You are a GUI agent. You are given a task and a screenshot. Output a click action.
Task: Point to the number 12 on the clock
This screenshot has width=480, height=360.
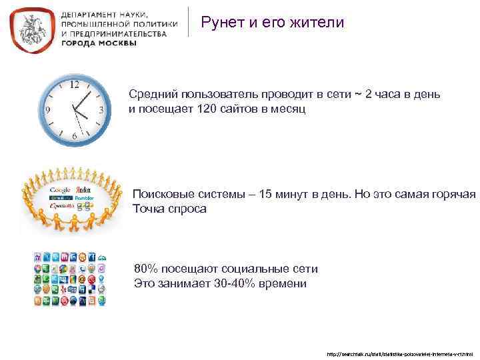tap(75, 85)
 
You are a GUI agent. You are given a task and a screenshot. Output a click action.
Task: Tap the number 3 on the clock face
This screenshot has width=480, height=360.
tap(101, 110)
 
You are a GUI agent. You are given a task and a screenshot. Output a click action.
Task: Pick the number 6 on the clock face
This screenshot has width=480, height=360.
tap(74, 136)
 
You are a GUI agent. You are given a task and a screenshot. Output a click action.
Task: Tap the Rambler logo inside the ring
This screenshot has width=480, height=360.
tap(85, 198)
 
